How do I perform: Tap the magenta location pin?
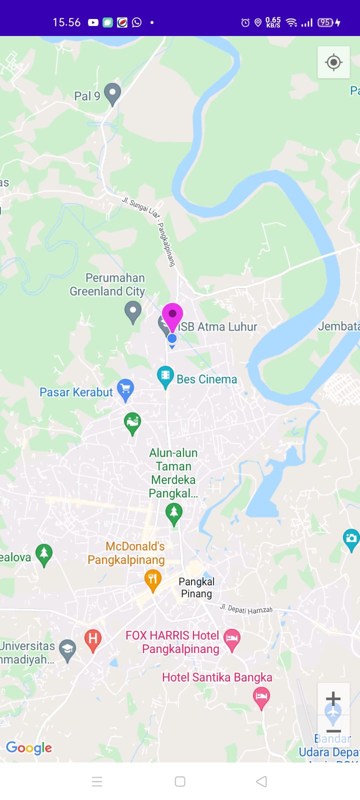point(172,315)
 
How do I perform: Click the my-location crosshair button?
point(333,62)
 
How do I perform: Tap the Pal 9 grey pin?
point(112,93)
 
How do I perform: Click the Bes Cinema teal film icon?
point(165,376)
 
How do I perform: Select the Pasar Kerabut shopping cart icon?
point(125,389)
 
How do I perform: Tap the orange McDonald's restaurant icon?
point(152,580)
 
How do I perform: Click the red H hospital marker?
point(92,639)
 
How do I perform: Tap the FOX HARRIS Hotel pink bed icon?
point(231,639)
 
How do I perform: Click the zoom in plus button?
point(333,698)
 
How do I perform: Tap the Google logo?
point(29,747)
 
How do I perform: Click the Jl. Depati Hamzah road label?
point(246,609)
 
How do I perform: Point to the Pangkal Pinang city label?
point(196,587)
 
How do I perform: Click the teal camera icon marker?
point(351,538)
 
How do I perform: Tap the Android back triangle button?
point(261,781)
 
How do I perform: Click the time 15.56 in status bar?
point(66,22)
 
